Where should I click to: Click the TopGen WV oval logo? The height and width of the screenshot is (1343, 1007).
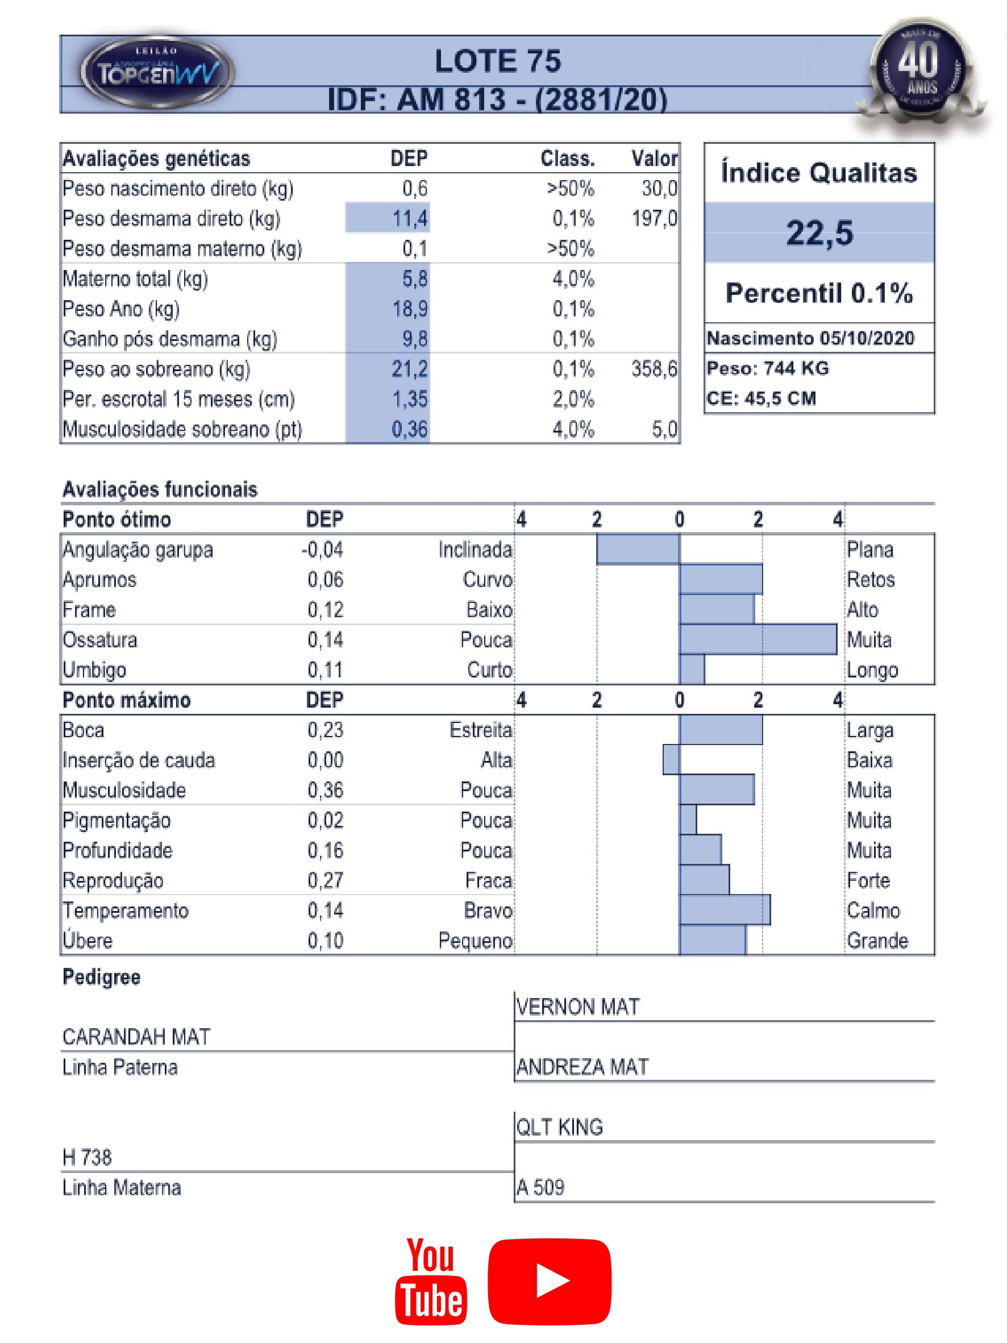coord(157,72)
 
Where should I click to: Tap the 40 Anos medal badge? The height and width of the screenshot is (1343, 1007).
coord(921,70)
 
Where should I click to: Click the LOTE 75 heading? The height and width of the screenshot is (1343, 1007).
coord(498,61)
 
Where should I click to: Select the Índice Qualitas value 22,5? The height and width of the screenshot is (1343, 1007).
coord(819,232)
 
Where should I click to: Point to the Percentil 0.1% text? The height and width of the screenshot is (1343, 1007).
coord(819,293)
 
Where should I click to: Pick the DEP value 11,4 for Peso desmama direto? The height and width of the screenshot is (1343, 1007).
coord(410,218)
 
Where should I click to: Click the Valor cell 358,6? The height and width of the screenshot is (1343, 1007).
coord(654,368)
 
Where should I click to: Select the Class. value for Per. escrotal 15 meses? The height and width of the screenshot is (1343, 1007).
coord(572,399)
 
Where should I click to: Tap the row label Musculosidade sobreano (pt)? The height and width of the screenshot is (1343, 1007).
coord(182,429)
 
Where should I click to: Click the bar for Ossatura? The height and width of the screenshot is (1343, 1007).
coord(758,639)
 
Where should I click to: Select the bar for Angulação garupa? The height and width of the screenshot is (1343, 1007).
coord(638,549)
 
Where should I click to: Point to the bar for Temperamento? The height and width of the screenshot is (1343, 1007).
coord(725,910)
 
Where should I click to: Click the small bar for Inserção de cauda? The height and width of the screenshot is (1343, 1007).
coord(671,759)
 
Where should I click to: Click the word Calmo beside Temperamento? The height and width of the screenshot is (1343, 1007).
coord(873,910)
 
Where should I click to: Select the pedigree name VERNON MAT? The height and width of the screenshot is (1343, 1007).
coord(577,1007)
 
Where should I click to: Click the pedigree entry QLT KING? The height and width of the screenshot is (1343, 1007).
coord(559,1127)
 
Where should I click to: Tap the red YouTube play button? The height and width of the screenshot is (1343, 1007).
coord(550,1280)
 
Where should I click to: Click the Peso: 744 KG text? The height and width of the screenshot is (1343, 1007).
coord(767,368)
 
